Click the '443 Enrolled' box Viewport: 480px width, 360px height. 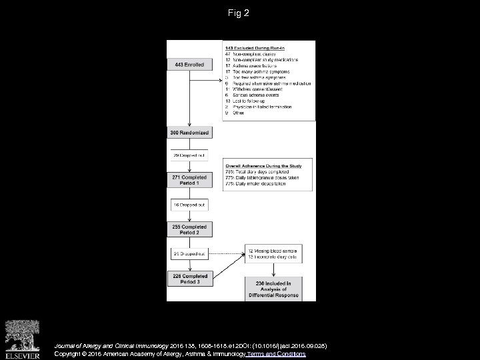click(190, 65)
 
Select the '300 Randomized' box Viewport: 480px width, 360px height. click(190, 133)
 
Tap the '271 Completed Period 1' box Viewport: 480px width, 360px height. click(190, 181)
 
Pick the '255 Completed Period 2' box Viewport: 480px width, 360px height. click(190, 229)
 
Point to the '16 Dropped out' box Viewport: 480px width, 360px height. click(190, 205)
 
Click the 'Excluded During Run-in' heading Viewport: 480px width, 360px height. click(256, 48)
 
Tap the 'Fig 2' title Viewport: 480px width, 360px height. click(239, 13)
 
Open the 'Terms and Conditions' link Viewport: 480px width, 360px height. click(276, 354)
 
